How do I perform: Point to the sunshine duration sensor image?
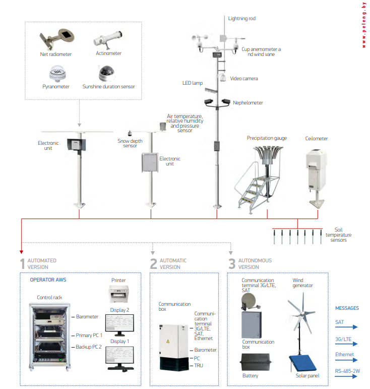point(108,73)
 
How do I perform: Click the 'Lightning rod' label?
point(241,19)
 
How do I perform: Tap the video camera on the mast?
point(221,77)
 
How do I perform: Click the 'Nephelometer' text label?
point(248,102)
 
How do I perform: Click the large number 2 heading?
point(153,264)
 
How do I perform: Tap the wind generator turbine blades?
point(303,313)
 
